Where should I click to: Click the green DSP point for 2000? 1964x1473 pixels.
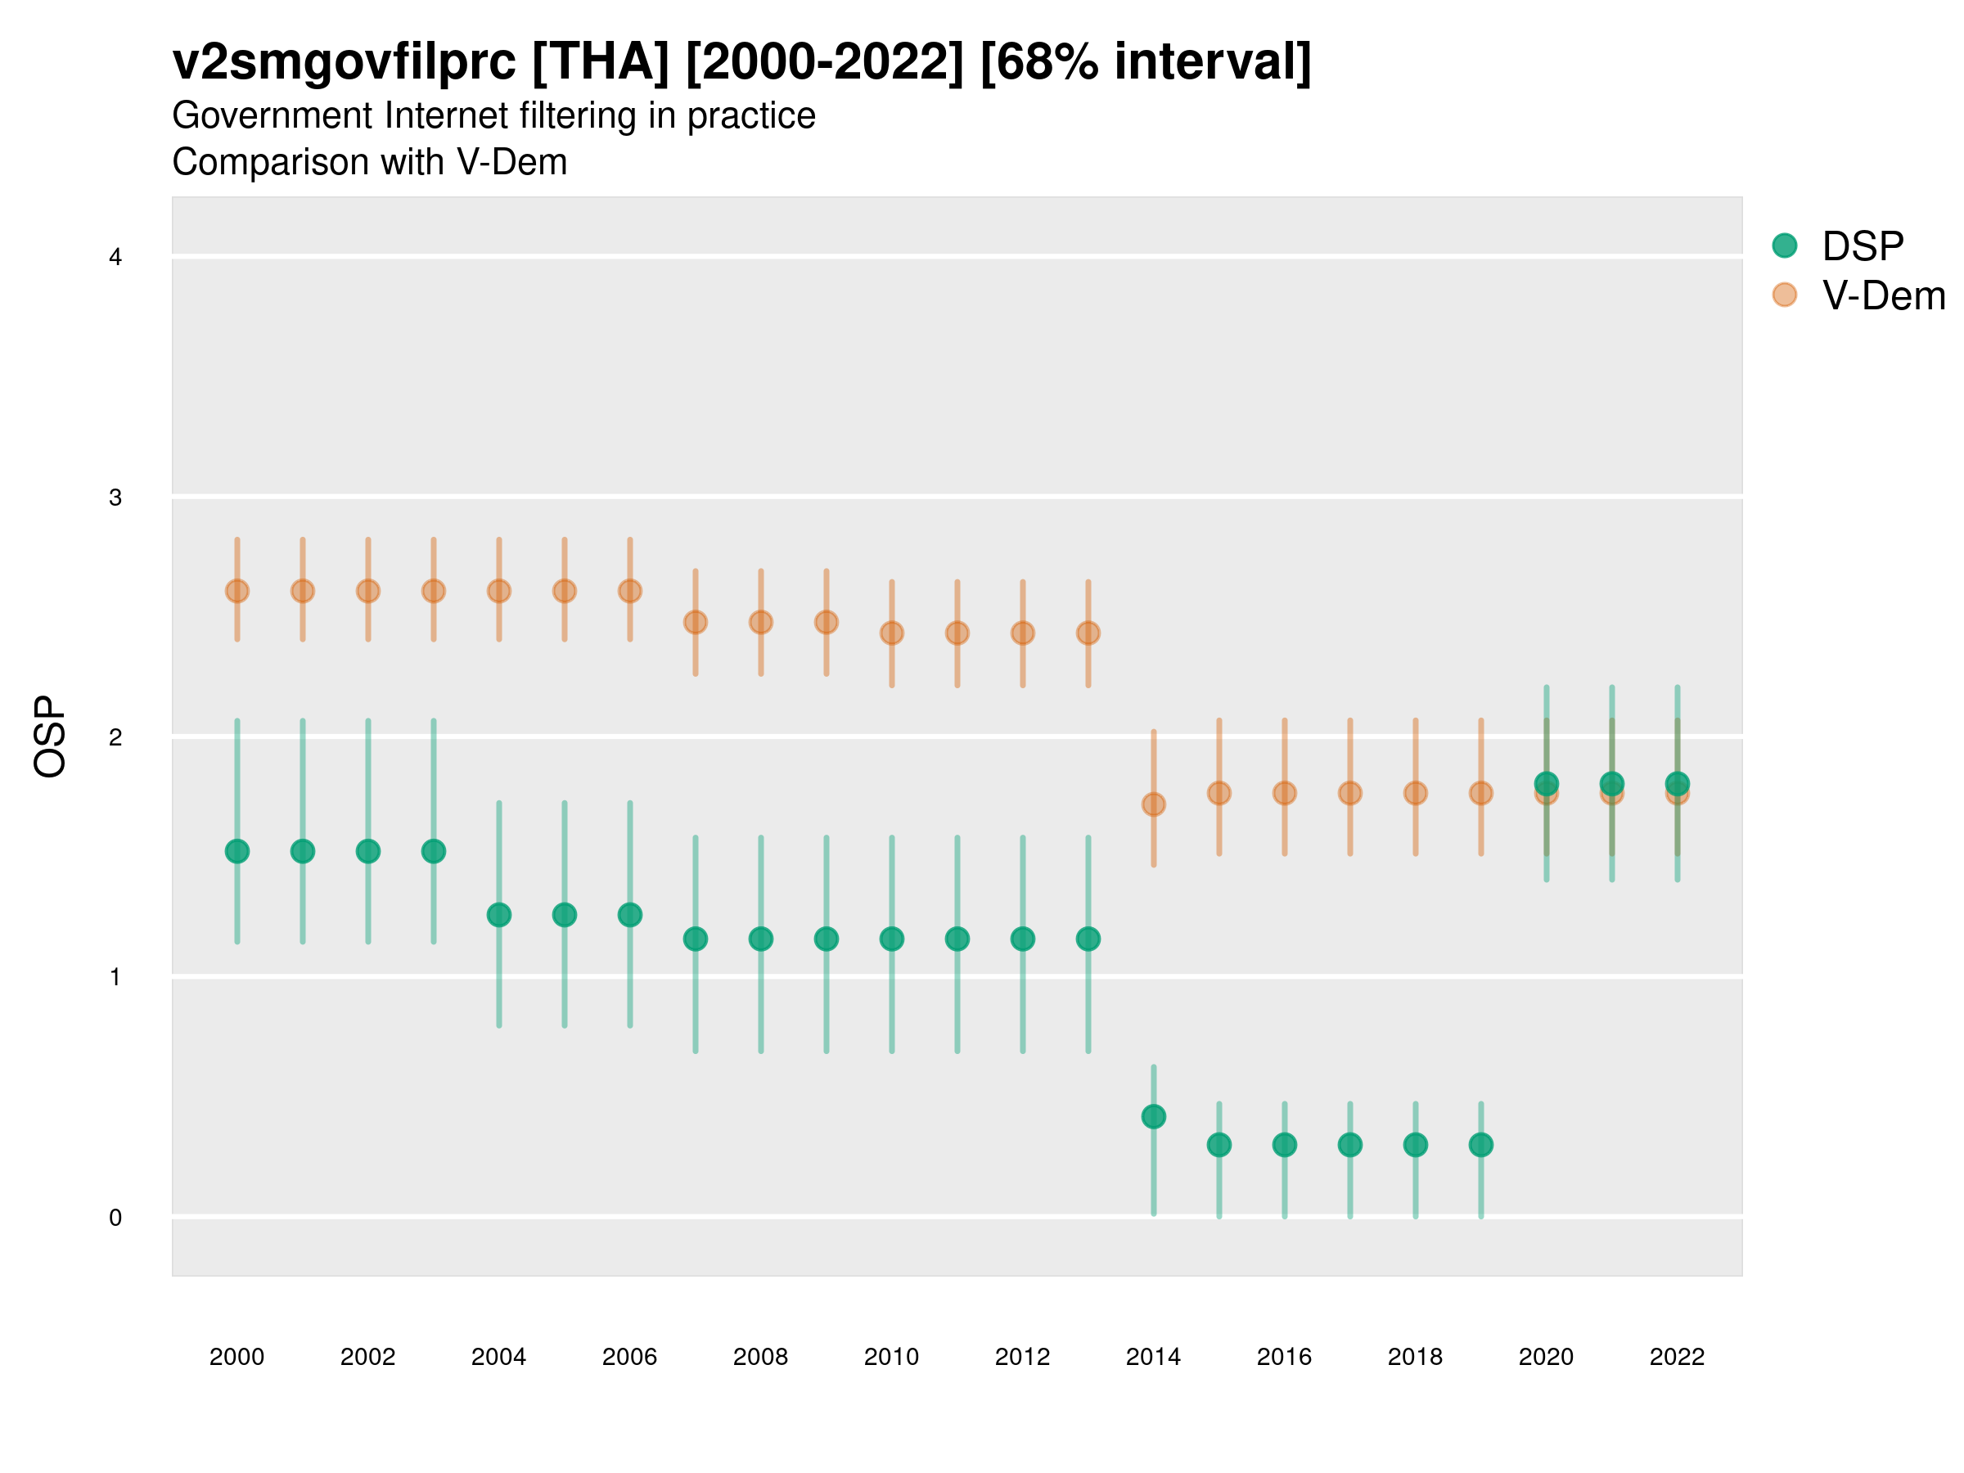pyautogui.click(x=237, y=852)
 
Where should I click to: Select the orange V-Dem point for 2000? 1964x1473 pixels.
pyautogui.click(x=237, y=592)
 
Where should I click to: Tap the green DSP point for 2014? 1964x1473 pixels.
pyautogui.click(x=1153, y=1117)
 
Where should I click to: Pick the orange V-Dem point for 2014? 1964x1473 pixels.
pyautogui.click(x=1153, y=804)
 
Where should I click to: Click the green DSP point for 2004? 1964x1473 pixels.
pyautogui.click(x=499, y=915)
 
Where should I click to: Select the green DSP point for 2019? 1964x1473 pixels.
pyautogui.click(x=1481, y=1146)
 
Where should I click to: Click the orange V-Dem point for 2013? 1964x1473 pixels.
pyautogui.click(x=1088, y=633)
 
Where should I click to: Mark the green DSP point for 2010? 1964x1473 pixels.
pyautogui.click(x=891, y=939)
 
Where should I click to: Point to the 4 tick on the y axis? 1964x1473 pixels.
pyautogui.click(x=115, y=258)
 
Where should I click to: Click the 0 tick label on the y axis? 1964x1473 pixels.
pyautogui.click(x=115, y=1218)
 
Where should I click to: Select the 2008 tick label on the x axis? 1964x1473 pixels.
pyautogui.click(x=761, y=1357)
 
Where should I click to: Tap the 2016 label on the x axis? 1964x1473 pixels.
pyautogui.click(x=1284, y=1357)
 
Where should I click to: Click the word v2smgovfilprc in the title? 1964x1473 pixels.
pyautogui.click(x=344, y=62)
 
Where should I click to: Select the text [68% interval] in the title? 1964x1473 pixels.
pyautogui.click(x=1146, y=62)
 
